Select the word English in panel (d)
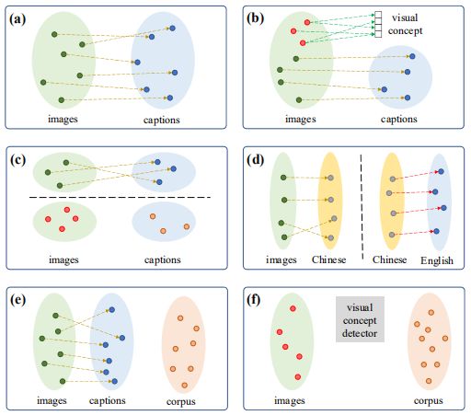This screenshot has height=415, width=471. [438, 261]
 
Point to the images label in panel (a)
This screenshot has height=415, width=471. [64, 120]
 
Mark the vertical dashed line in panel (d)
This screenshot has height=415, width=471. [361, 202]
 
